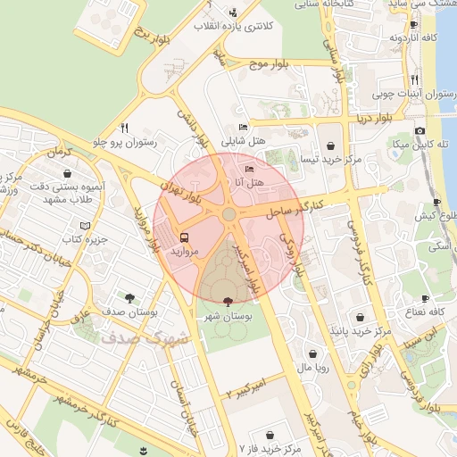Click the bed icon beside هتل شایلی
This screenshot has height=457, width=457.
pos(245,129)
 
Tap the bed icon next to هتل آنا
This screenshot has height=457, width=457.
pos(249,169)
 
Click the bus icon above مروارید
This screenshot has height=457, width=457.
pos(184,237)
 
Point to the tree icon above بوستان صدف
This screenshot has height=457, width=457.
pos(130,297)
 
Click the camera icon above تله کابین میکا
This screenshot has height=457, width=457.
pos(420,130)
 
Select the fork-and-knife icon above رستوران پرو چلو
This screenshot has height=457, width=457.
pos(124,128)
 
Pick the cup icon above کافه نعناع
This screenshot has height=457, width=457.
pos(425,298)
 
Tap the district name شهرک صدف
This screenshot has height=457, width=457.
pos(145,338)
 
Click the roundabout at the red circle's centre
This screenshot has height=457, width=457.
pos(229,214)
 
